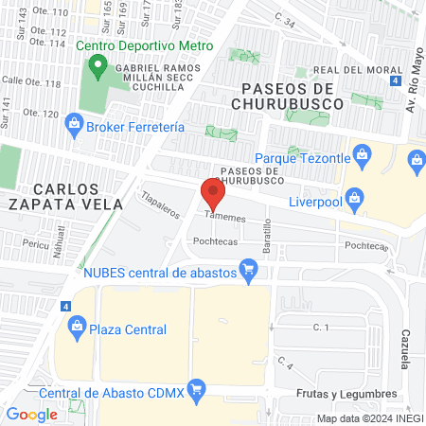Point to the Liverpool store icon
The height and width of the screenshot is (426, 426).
(x=354, y=199)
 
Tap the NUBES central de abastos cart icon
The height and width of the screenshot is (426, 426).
(x=249, y=273)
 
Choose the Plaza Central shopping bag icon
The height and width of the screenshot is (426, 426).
(x=77, y=329)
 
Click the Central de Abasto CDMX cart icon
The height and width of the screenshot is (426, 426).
(x=196, y=388)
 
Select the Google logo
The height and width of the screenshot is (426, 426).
(x=31, y=414)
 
